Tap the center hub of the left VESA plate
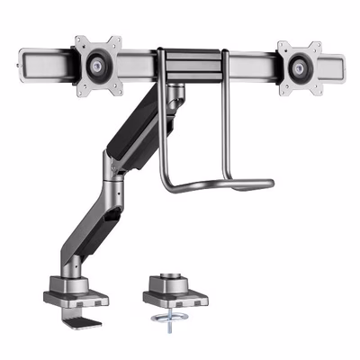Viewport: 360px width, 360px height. (96, 65)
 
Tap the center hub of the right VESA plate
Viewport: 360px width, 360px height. (299, 67)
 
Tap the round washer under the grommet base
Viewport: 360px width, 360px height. (170, 317)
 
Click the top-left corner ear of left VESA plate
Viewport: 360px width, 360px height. (80, 41)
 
